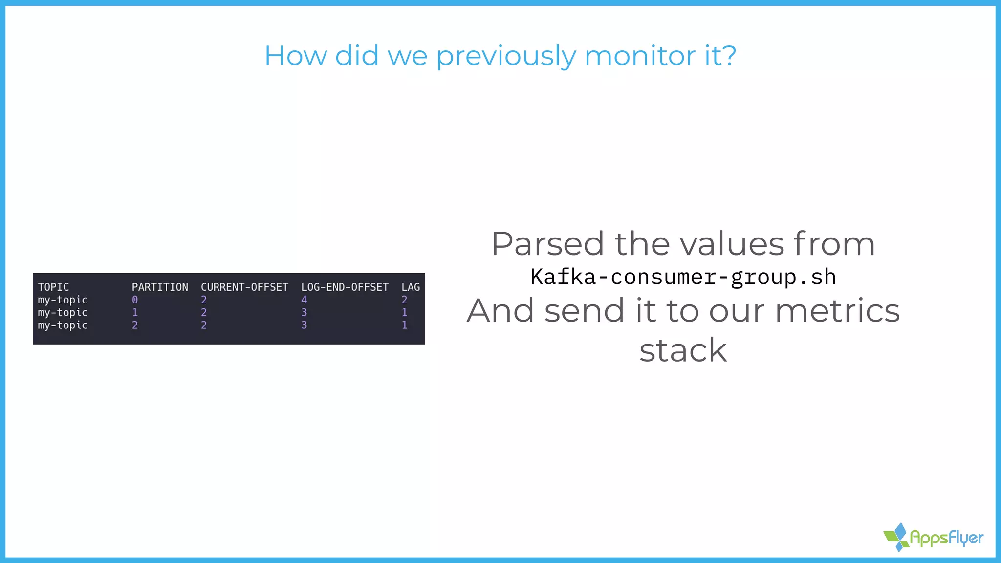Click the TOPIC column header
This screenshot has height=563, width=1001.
point(53,287)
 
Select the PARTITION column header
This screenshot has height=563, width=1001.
point(160,287)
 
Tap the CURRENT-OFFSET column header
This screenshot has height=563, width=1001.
point(244,287)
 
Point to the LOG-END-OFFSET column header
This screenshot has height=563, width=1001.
point(345,287)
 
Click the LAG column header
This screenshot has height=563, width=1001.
point(411,287)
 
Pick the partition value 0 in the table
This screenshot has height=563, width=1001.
point(135,300)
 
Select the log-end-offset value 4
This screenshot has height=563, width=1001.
point(304,300)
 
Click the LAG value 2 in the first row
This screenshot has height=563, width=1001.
point(404,300)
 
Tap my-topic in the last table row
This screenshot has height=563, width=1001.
point(63,325)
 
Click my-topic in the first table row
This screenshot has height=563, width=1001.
point(63,300)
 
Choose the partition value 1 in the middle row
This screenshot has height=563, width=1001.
point(135,313)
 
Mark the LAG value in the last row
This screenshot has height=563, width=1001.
point(404,325)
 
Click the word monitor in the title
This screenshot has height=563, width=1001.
point(639,56)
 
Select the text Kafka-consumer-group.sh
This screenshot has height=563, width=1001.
point(683,277)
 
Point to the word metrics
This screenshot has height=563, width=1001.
point(837,311)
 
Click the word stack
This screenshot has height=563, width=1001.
point(683,350)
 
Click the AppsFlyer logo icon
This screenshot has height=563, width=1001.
point(897,537)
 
